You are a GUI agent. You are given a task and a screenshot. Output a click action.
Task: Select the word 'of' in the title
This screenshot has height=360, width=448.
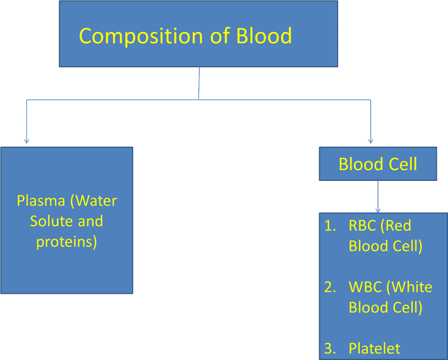(x=212, y=36)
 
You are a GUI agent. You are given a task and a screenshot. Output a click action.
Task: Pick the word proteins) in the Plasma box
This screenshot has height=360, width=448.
(x=67, y=242)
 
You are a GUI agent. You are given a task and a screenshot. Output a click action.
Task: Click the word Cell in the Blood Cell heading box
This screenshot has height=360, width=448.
(x=402, y=164)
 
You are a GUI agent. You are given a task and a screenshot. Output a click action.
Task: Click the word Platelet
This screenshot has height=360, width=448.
(x=374, y=348)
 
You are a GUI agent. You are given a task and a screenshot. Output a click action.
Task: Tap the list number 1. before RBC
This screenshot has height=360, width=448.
(x=330, y=226)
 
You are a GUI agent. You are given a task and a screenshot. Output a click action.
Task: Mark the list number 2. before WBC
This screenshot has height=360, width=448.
(x=330, y=287)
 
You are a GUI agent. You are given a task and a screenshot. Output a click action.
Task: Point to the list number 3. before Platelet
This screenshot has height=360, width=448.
(x=330, y=348)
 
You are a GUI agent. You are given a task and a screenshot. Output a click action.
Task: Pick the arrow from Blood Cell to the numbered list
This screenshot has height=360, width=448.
(x=379, y=196)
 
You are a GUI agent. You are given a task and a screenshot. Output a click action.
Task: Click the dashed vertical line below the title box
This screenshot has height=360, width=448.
(x=199, y=83)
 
